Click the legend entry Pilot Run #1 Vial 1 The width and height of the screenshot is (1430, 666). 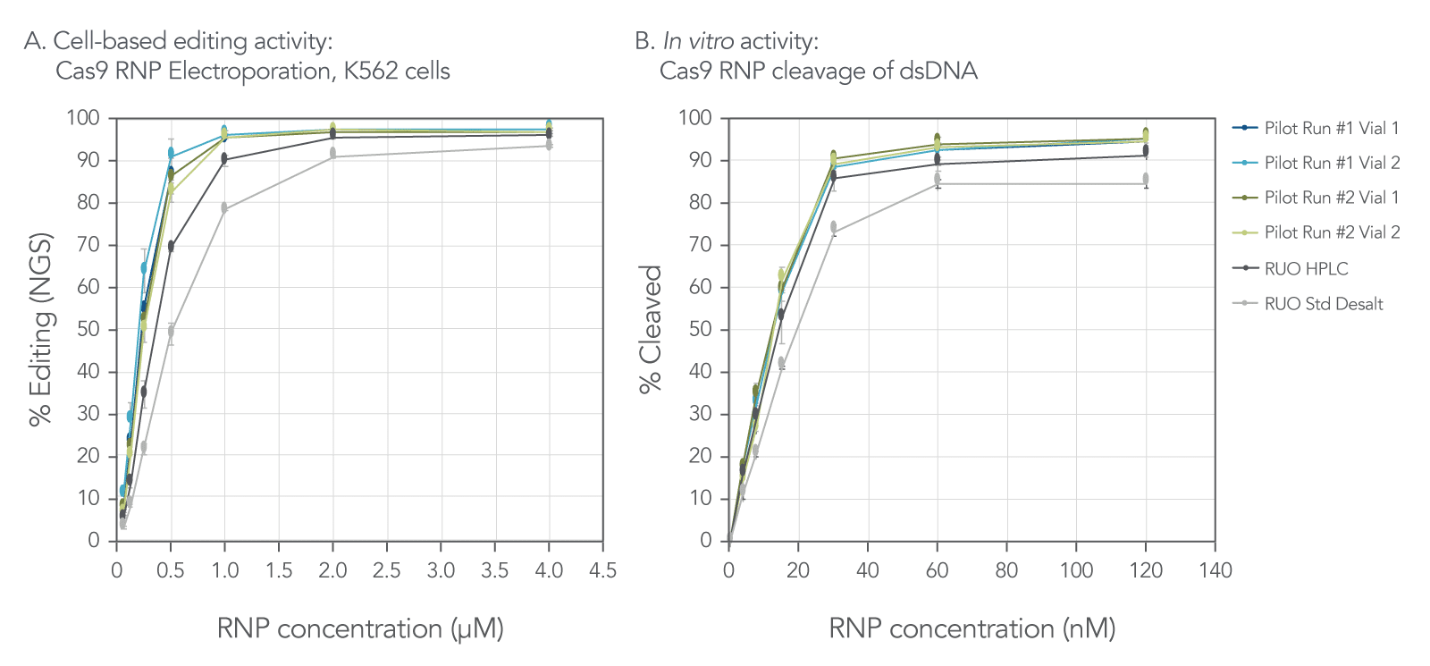pos(1331,129)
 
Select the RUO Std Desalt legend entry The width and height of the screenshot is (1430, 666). pos(1323,304)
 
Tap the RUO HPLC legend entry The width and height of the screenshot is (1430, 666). pos(1306,269)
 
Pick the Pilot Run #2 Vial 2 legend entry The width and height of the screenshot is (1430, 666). pos(1331,232)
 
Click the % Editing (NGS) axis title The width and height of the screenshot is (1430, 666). pos(40,329)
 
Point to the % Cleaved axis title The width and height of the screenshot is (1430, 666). pos(651,329)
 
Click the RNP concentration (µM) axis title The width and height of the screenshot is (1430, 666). pos(360,628)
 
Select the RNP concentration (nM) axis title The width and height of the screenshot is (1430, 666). pos(972,628)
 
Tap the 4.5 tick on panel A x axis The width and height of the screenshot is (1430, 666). pos(602,570)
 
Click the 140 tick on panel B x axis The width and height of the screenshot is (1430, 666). pos(1215,570)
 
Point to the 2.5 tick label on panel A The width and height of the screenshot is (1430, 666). pos(386,570)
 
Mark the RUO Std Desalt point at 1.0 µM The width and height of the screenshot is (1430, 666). pos(224,208)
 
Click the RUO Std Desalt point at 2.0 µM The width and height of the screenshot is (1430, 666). pos(332,154)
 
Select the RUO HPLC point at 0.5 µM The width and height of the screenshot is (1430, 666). pos(171,246)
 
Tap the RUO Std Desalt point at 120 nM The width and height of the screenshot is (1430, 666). pos(1146,179)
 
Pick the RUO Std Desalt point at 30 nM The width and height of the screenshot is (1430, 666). pos(833,228)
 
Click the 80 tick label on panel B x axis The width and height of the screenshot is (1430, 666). pos(1006,570)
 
